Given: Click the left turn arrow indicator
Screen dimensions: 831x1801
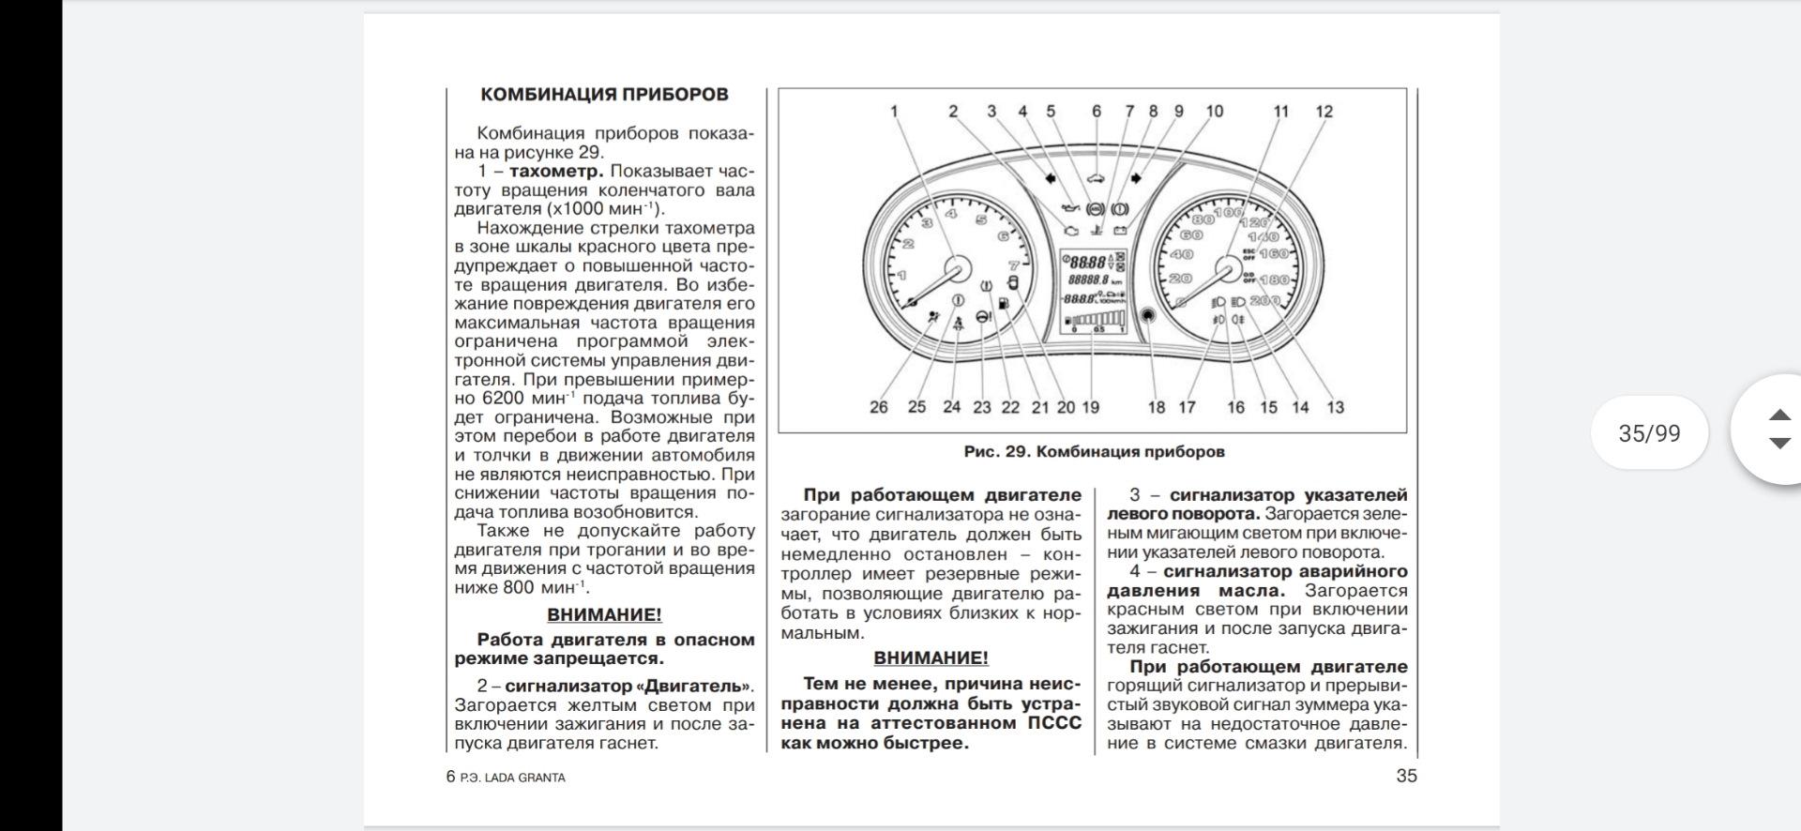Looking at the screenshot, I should pyautogui.click(x=1050, y=176).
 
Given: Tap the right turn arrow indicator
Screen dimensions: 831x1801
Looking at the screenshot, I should pyautogui.click(x=1137, y=176).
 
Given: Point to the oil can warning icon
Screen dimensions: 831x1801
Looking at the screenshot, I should pyautogui.click(x=1067, y=207).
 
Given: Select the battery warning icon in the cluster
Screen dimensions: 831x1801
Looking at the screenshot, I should pyautogui.click(x=1120, y=229).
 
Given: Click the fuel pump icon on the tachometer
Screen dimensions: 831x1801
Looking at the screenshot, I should pyautogui.click(x=1004, y=303).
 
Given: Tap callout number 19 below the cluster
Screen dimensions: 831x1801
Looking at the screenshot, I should pyautogui.click(x=1090, y=407).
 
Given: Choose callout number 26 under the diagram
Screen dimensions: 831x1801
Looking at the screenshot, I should pyautogui.click(x=878, y=407).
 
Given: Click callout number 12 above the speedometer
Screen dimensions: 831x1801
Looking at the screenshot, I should pyautogui.click(x=1324, y=112).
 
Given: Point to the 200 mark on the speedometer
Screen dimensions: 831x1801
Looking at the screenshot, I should pyautogui.click(x=1264, y=300).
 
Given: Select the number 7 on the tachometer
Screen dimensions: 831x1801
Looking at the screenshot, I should pyautogui.click(x=1013, y=264).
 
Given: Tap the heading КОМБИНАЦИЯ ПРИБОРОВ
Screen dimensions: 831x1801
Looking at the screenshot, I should pyautogui.click(x=603, y=95).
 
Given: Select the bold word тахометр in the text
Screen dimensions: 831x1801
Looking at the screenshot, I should pyautogui.click(x=556, y=172).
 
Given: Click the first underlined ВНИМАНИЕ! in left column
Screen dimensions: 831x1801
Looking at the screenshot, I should pyautogui.click(x=604, y=615).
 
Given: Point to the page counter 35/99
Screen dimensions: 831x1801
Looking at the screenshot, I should pyautogui.click(x=1649, y=433).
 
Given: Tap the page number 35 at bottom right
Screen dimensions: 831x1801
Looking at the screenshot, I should pyautogui.click(x=1406, y=776).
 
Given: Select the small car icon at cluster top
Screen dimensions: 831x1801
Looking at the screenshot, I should pyautogui.click(x=1094, y=176).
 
